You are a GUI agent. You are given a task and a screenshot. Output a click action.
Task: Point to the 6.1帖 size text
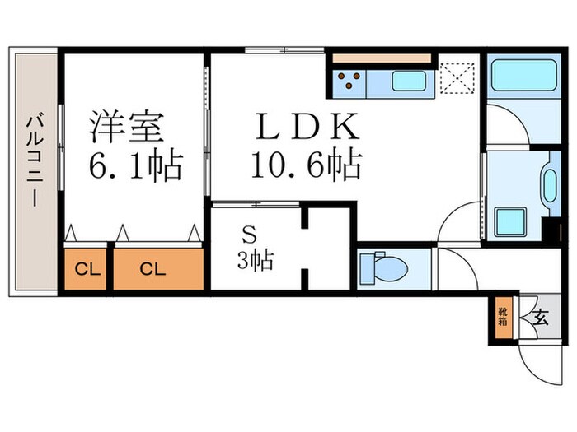click(135, 167)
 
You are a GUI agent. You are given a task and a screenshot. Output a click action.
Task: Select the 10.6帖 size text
click(306, 167)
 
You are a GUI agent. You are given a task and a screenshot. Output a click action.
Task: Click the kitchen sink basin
click(407, 81)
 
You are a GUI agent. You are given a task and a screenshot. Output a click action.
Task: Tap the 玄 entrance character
click(542, 316)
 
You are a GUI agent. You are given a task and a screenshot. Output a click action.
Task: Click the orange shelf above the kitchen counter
click(382, 58)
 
